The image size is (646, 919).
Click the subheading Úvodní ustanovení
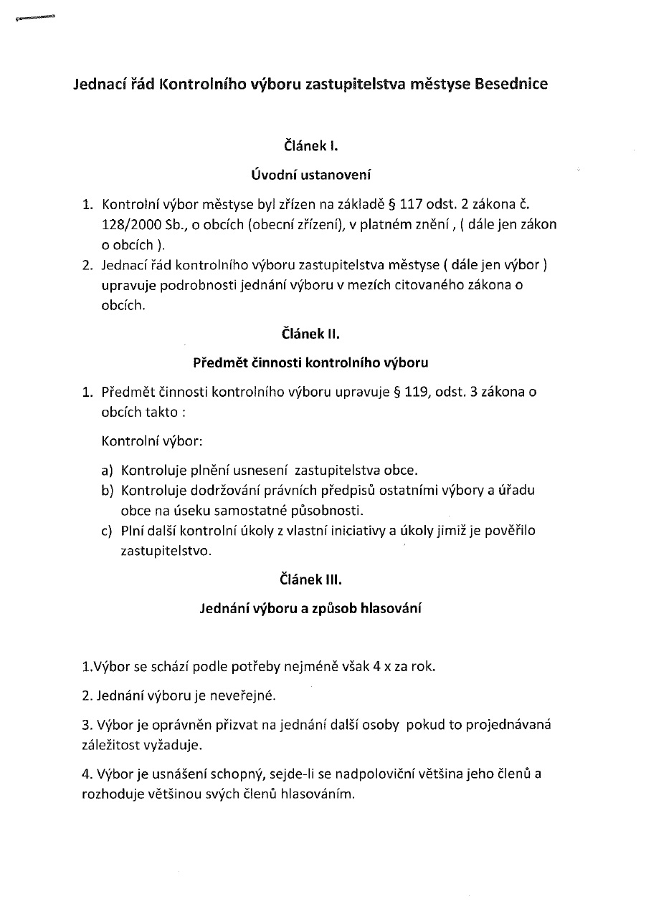click(311, 174)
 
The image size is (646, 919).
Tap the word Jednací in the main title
click(100, 85)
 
